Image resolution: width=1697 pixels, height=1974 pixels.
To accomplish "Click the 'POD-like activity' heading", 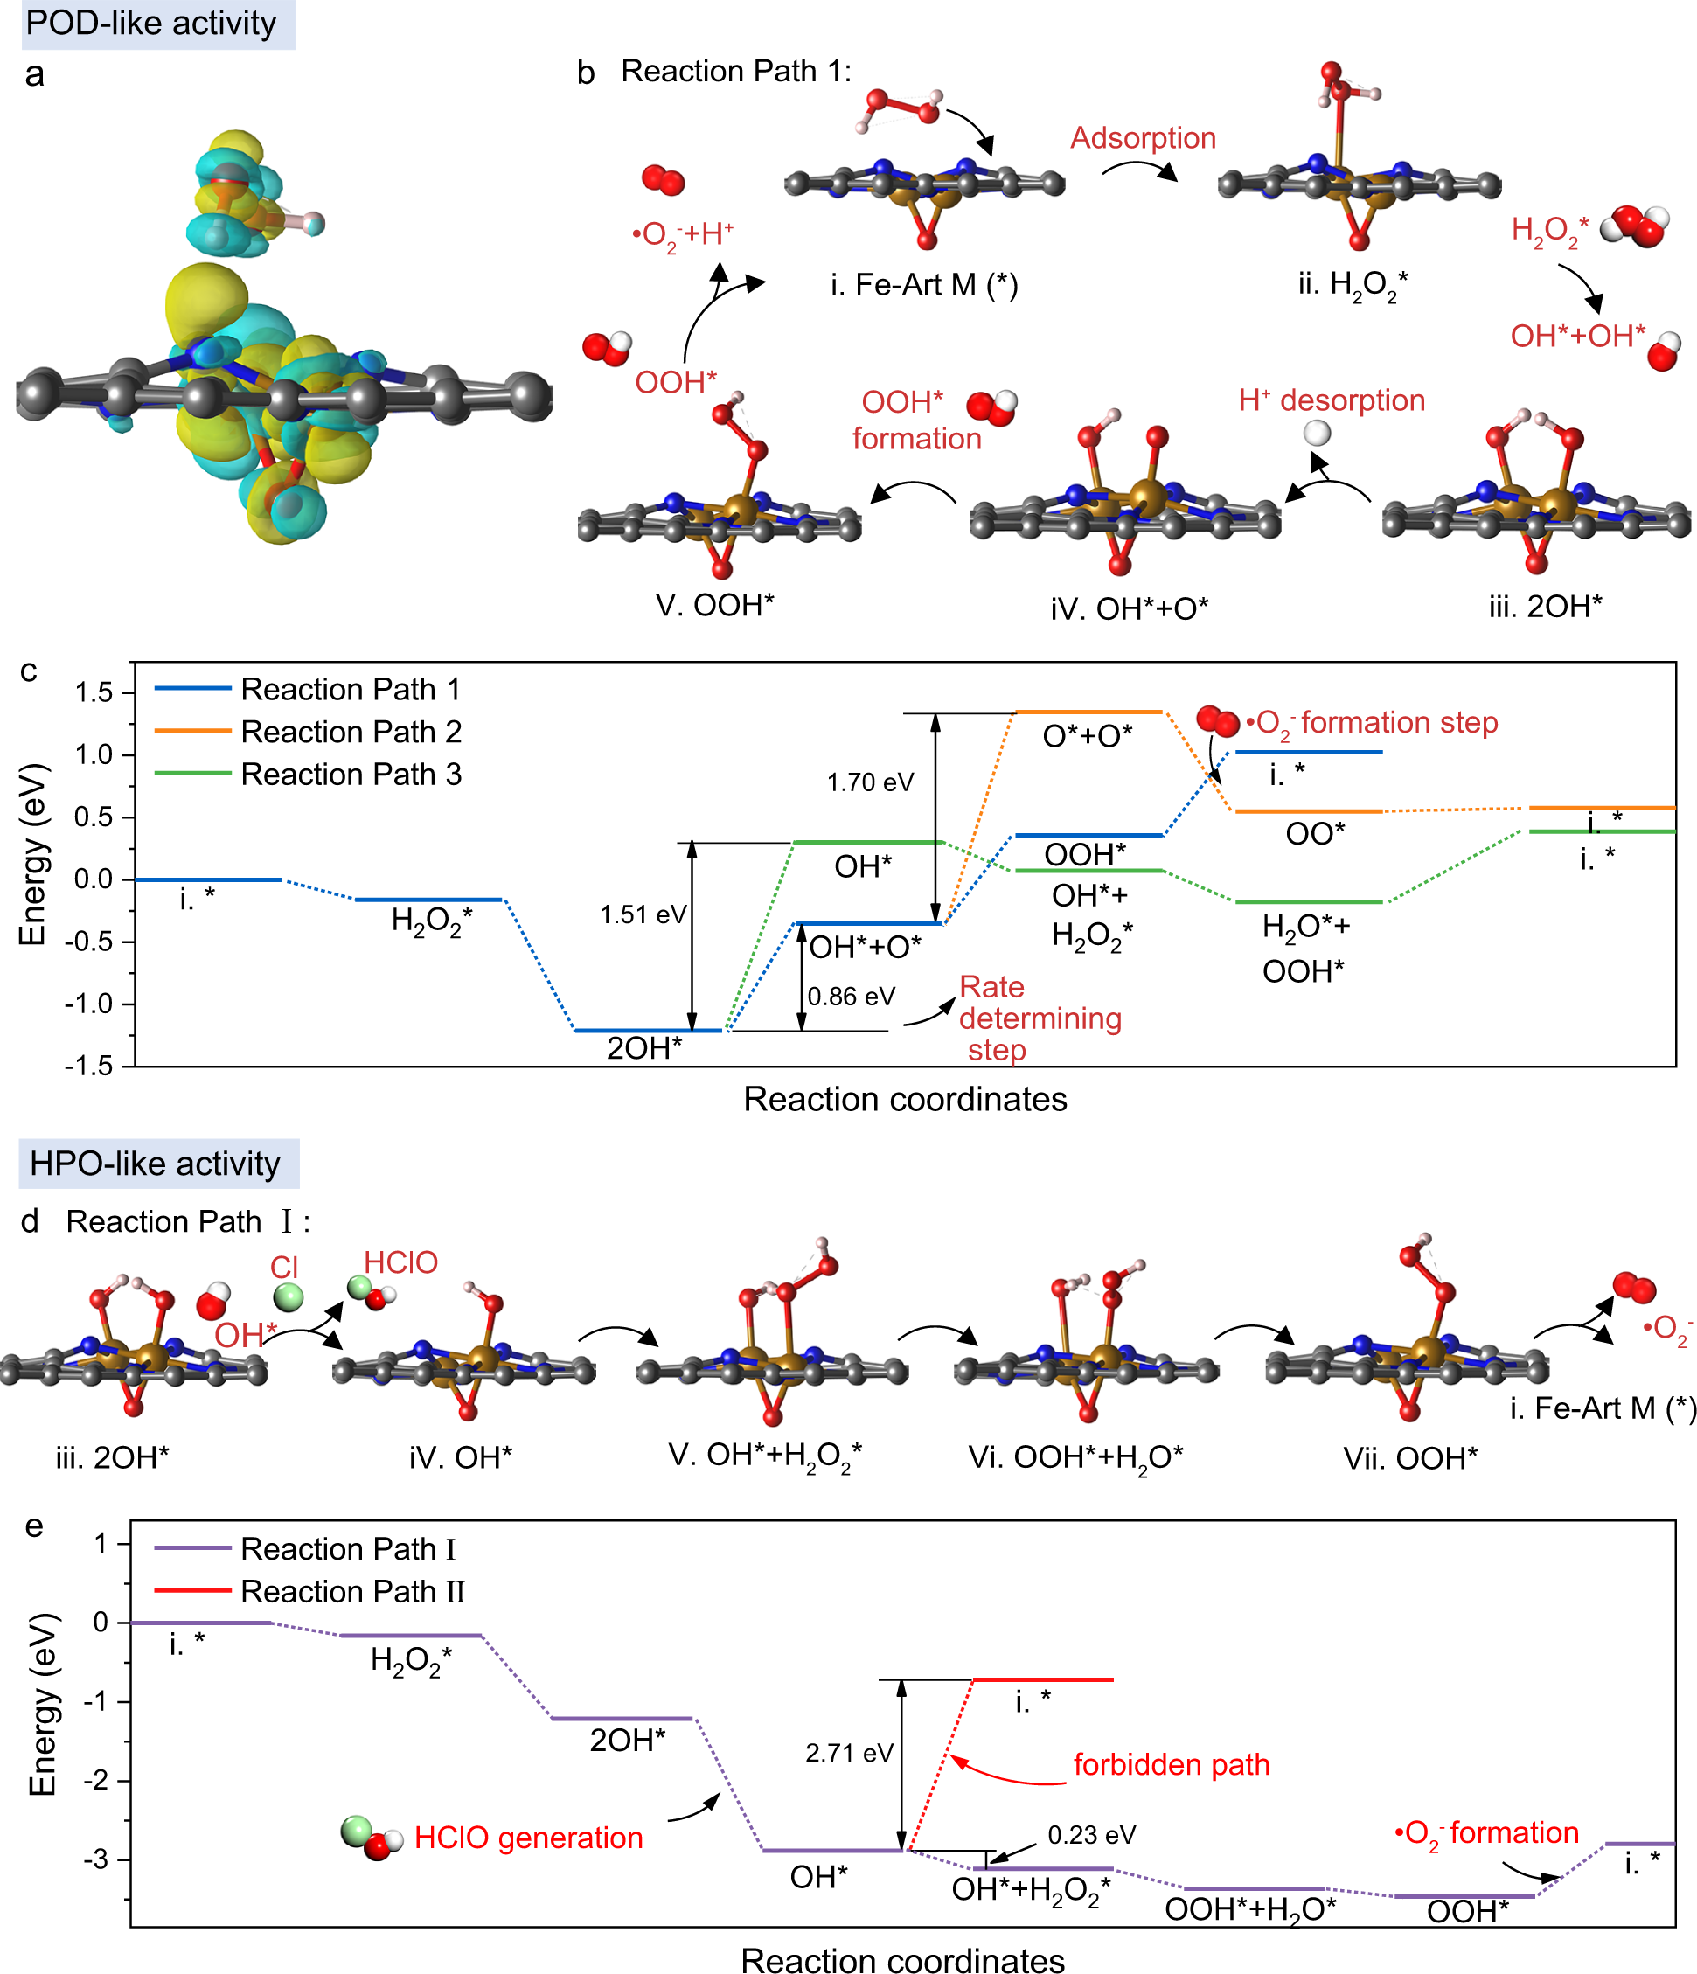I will pos(150,23).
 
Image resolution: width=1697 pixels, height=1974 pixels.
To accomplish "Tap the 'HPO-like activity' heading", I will pos(155,1164).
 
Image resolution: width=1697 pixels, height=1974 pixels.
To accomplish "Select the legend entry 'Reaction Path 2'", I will pos(351,732).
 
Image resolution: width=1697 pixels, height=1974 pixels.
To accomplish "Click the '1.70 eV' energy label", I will pos(869,782).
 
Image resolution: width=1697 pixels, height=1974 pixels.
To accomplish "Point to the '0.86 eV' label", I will pos(850,997).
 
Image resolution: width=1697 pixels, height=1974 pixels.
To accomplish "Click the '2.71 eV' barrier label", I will pos(848,1753).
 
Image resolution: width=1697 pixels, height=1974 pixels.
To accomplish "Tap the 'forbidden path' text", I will pos(1171,1764).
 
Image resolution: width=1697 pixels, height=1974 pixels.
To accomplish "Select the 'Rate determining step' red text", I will pos(1039,1018).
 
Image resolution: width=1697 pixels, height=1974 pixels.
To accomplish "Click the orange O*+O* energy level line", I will pos(1088,712).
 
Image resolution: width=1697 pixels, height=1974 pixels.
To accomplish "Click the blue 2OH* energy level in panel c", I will pos(648,1030).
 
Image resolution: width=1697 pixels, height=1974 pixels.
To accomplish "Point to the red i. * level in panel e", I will pos(1041,1679).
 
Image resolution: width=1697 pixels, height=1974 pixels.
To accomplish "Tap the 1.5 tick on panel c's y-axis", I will pos(94,692).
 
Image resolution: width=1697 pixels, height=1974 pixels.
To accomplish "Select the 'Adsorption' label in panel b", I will pos(1143,138).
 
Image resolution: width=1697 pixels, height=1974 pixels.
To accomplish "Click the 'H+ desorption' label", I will pos(1332,400).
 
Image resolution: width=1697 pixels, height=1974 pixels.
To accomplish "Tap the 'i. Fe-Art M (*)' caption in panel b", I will pos(923,284).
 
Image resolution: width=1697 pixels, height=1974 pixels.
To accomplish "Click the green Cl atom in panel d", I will pos(288,1296).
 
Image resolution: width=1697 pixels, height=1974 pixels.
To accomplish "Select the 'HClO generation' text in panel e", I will pos(528,1838).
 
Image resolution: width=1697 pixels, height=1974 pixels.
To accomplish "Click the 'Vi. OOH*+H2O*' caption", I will pos(1075,1456).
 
